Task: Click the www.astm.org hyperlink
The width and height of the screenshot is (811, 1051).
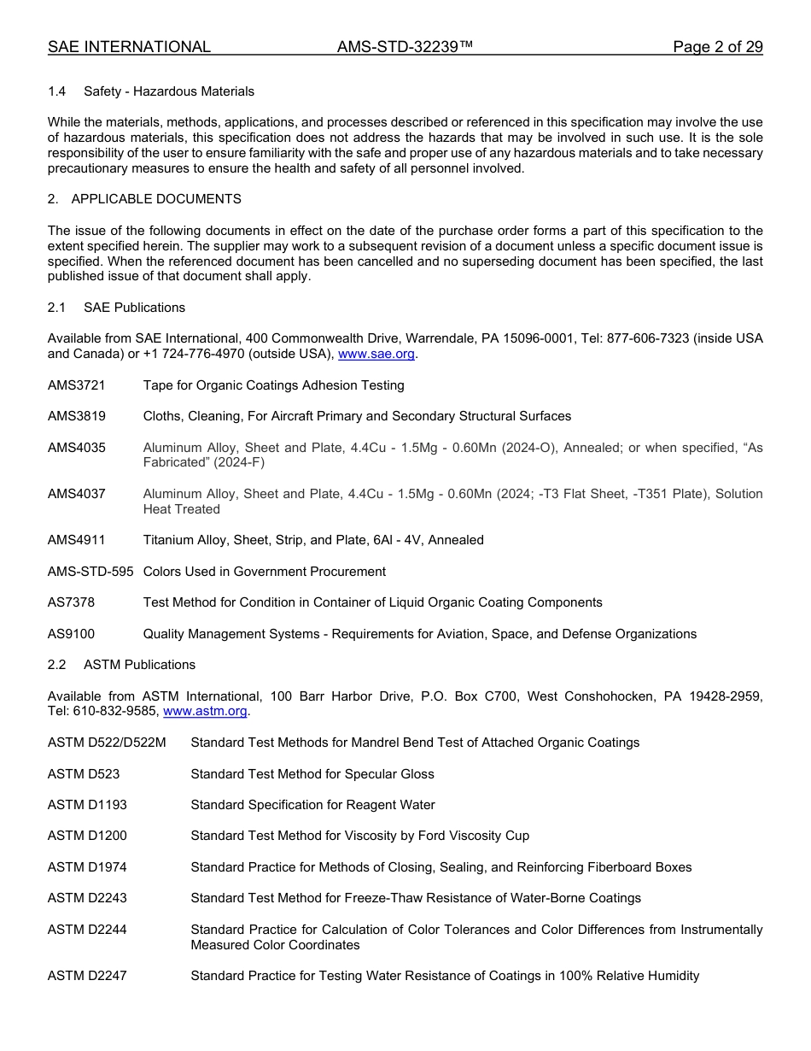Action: click(x=205, y=711)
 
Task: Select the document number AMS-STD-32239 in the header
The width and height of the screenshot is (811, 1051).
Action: click(x=405, y=47)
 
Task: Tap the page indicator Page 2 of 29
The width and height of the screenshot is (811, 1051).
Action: click(x=717, y=47)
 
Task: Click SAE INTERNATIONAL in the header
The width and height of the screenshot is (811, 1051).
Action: click(x=129, y=47)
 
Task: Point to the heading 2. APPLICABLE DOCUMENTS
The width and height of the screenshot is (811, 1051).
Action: click(x=144, y=199)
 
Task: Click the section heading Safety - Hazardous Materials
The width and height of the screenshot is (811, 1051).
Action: click(x=168, y=91)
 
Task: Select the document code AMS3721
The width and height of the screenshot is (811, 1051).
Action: click(x=77, y=385)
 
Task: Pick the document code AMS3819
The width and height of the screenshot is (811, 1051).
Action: click(x=77, y=416)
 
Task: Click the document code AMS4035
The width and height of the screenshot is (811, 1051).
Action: click(x=77, y=448)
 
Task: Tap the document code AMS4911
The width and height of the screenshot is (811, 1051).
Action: click(x=77, y=540)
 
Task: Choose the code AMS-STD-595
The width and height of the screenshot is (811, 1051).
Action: click(x=90, y=572)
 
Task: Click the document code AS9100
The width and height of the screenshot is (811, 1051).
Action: click(x=72, y=634)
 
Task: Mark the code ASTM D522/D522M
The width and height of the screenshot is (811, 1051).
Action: click(x=107, y=743)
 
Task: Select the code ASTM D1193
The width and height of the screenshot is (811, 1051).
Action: click(x=87, y=805)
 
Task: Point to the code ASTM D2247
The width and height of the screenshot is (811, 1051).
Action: click(x=87, y=976)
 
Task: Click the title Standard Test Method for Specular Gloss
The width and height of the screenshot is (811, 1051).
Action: click(x=312, y=774)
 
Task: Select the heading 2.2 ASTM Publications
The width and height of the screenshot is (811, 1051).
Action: click(x=121, y=665)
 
